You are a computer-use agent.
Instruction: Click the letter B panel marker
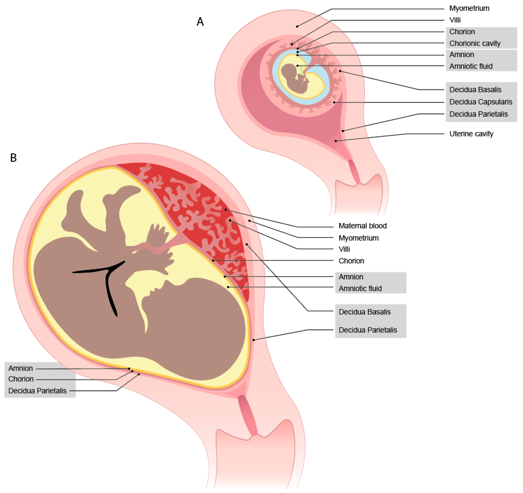[13, 158]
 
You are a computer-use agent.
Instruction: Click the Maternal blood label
[362, 226]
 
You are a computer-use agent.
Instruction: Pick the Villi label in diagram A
[455, 20]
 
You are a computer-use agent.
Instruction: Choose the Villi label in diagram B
[344, 249]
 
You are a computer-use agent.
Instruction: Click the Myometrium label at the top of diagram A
[469, 8]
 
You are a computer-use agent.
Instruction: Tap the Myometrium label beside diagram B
[358, 238]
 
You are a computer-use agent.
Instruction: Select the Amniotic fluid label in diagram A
[471, 66]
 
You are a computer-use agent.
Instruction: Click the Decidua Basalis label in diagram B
[364, 312]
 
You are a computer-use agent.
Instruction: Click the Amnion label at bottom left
[21, 368]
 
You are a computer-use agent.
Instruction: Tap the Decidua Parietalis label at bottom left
[37, 391]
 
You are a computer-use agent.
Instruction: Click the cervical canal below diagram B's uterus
[247, 415]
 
